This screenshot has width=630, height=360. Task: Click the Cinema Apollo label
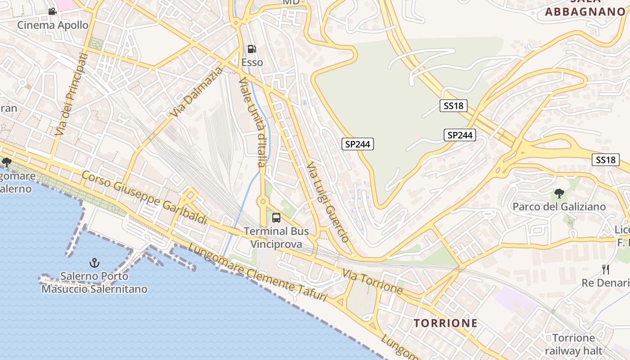coord(53,25)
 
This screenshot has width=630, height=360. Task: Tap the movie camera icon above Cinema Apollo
coord(52,11)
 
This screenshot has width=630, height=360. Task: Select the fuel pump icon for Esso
coord(252,49)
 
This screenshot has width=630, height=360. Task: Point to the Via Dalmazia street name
coord(197,92)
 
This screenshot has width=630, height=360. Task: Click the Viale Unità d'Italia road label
coord(253,121)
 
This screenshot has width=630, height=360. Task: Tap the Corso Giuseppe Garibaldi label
coord(144,198)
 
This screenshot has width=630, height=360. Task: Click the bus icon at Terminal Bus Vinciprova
coord(276,218)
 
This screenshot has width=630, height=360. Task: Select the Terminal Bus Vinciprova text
coord(276,238)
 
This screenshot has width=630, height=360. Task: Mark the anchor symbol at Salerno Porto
coord(94,262)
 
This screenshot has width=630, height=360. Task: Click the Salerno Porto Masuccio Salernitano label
coord(94,282)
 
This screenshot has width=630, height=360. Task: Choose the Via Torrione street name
coord(372,281)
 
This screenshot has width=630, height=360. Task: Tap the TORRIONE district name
coord(445,323)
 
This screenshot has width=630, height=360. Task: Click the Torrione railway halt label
coord(573,344)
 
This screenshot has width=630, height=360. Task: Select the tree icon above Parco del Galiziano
coord(559,193)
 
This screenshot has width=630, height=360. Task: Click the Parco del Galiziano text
coord(559,207)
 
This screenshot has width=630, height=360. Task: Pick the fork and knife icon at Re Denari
coord(606,269)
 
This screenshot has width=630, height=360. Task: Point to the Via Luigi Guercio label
coord(327,202)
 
